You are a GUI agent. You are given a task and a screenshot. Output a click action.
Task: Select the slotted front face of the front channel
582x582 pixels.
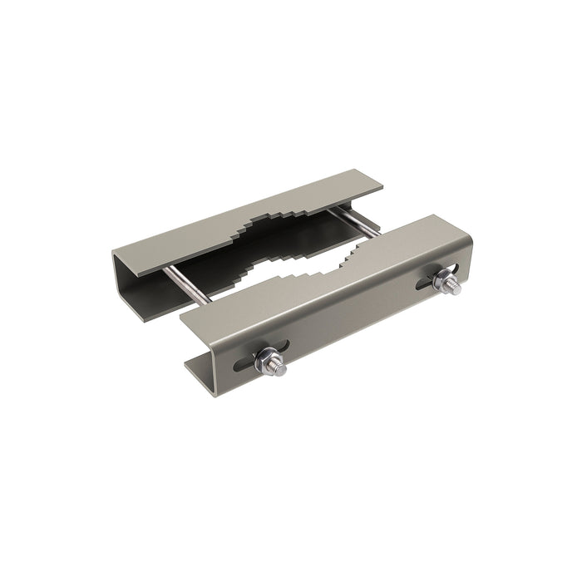coord(349,316)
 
